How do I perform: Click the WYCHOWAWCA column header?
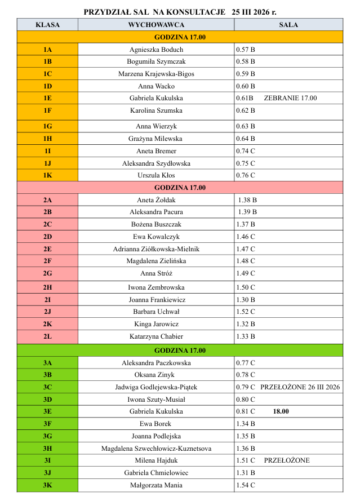[156, 25]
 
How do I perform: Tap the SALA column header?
[288, 25]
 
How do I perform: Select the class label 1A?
[48, 50]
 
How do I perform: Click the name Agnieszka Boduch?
[156, 50]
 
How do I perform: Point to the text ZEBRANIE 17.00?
[290, 98]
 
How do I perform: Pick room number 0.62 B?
[246, 110]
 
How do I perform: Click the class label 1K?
[48, 175]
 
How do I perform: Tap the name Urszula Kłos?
[156, 175]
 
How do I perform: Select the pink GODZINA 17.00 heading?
[180, 188]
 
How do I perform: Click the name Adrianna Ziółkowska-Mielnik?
[156, 248]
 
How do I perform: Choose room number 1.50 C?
[246, 287]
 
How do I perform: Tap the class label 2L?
[48, 336]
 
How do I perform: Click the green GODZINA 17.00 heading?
[180, 350]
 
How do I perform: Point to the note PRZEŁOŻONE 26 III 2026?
[300, 387]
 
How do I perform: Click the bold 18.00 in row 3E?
[281, 411]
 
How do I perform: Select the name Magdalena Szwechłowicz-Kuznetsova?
[156, 449]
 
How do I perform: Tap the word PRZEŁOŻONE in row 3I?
[286, 460]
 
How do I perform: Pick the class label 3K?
[48, 485]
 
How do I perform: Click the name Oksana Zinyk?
[156, 375]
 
